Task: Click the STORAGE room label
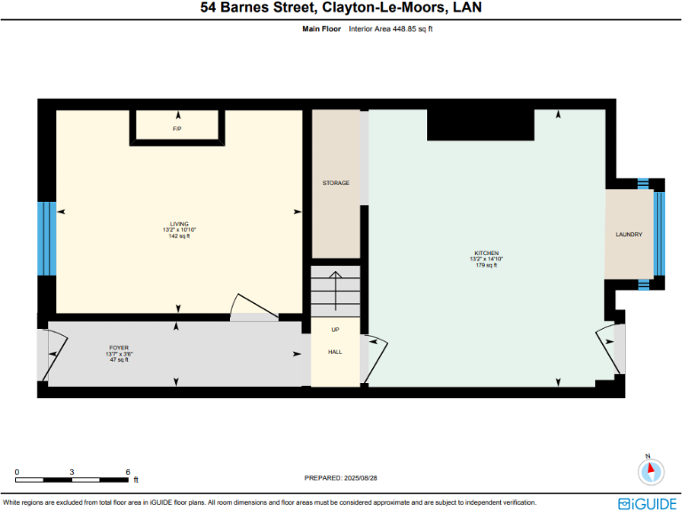336,183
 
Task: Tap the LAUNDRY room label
629,235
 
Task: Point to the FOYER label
119,348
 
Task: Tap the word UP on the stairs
336,330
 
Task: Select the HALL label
336,351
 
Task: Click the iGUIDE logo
647,502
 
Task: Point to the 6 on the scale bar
129,472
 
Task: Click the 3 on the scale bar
73,472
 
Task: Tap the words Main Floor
321,28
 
